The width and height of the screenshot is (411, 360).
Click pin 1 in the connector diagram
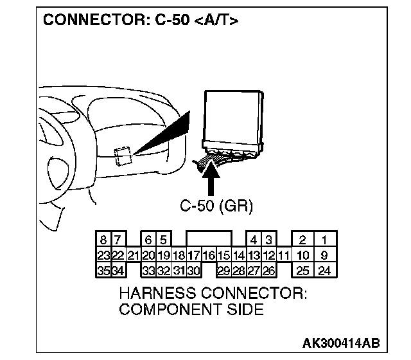click(324, 240)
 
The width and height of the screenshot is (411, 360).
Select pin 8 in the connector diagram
click(103, 240)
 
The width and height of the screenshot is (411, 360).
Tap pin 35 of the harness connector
click(103, 271)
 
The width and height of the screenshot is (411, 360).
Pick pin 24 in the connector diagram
click(324, 271)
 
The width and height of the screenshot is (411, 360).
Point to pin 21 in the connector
click(134, 255)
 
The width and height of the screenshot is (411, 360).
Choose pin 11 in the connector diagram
click(284, 255)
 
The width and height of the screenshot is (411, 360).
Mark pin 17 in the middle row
click(193, 255)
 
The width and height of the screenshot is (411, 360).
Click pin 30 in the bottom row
click(193, 271)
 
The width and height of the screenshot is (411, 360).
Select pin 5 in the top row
click(163, 240)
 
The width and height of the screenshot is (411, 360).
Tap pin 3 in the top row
click(269, 240)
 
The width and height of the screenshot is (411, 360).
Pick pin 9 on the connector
click(324, 255)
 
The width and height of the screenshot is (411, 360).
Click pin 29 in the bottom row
click(223, 271)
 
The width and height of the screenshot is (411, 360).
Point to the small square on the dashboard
click(123, 154)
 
